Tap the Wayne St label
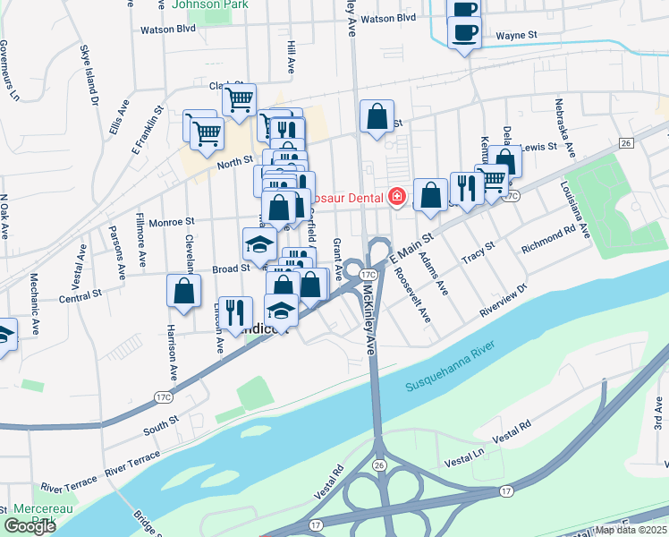(x=516, y=34)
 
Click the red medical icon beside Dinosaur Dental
(x=396, y=195)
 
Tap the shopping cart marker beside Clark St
(x=239, y=99)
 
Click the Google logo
(x=30, y=526)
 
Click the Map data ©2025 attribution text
(x=630, y=530)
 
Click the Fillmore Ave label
(x=142, y=240)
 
